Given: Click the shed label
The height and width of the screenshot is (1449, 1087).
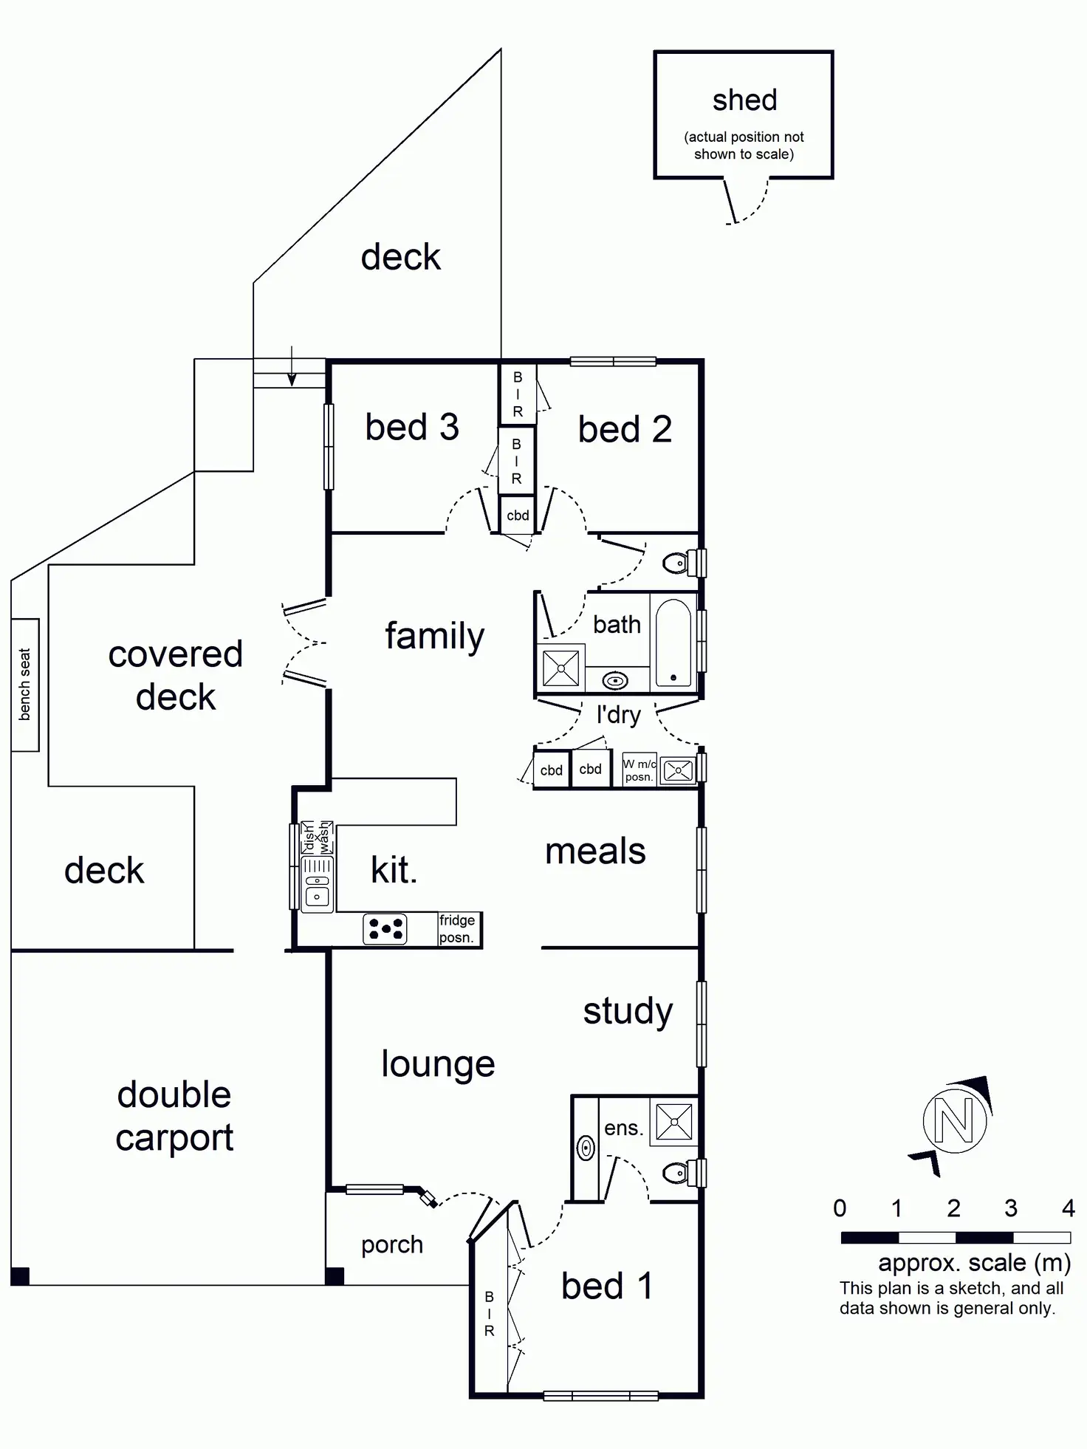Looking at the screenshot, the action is [x=744, y=100].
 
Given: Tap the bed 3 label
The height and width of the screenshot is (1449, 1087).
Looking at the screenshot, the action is [x=412, y=428].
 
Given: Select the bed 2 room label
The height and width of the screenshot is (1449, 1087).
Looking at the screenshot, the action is [x=625, y=430].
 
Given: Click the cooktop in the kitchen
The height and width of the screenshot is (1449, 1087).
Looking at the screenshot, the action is [x=385, y=929].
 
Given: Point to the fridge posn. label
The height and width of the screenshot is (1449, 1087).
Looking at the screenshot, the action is [x=457, y=929].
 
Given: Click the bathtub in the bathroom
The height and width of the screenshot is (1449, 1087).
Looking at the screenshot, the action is [x=673, y=642].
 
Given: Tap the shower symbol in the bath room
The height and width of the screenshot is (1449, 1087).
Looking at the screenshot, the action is [x=560, y=668].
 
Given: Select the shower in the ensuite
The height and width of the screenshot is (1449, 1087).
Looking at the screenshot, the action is [x=673, y=1122].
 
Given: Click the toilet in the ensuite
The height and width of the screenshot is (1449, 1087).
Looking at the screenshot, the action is [x=680, y=1173].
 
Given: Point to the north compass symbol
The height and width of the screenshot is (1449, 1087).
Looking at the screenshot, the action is [x=954, y=1121].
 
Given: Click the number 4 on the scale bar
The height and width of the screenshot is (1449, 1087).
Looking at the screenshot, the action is [x=1068, y=1209].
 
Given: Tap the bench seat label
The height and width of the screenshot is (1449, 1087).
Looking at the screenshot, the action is [x=25, y=685].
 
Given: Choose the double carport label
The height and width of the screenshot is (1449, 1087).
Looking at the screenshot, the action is [x=174, y=1116].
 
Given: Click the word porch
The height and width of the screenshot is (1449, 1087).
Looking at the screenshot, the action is [x=392, y=1245].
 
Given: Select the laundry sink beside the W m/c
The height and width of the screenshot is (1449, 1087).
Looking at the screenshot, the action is [x=677, y=770].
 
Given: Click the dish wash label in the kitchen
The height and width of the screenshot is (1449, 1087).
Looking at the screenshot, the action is [x=318, y=837].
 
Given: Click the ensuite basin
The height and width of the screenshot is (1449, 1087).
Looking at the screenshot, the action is [x=586, y=1148].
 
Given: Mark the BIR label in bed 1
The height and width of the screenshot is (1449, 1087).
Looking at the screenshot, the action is [x=489, y=1314].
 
